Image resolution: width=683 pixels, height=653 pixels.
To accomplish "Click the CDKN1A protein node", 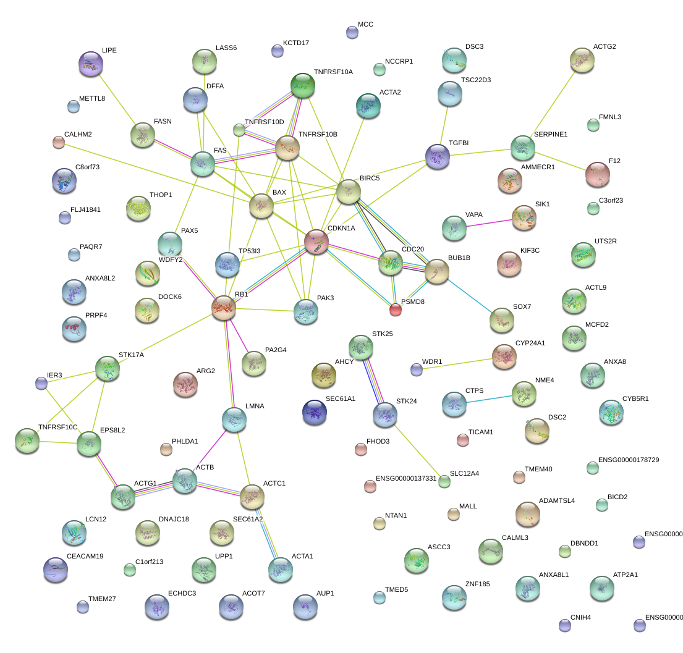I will pyautogui.click(x=316, y=241).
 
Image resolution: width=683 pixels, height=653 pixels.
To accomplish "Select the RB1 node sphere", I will pyautogui.click(x=224, y=307).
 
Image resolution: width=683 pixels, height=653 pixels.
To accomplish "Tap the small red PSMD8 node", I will pyautogui.click(x=396, y=309).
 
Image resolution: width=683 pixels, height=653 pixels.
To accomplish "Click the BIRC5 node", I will pyautogui.click(x=348, y=192).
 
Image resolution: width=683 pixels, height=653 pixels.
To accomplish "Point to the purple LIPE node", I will pyautogui.click(x=91, y=63).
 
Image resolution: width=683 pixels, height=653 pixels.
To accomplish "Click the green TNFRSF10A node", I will pyautogui.click(x=303, y=85).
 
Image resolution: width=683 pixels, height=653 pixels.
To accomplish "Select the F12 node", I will pyautogui.click(x=597, y=174).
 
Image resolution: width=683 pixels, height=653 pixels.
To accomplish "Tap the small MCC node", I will pyautogui.click(x=352, y=32).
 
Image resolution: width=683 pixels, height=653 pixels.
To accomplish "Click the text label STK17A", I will pyautogui.click(x=131, y=355).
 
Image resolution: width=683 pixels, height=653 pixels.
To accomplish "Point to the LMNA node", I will pyautogui.click(x=234, y=419).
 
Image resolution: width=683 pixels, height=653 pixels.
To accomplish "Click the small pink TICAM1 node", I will pyautogui.click(x=462, y=440).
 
